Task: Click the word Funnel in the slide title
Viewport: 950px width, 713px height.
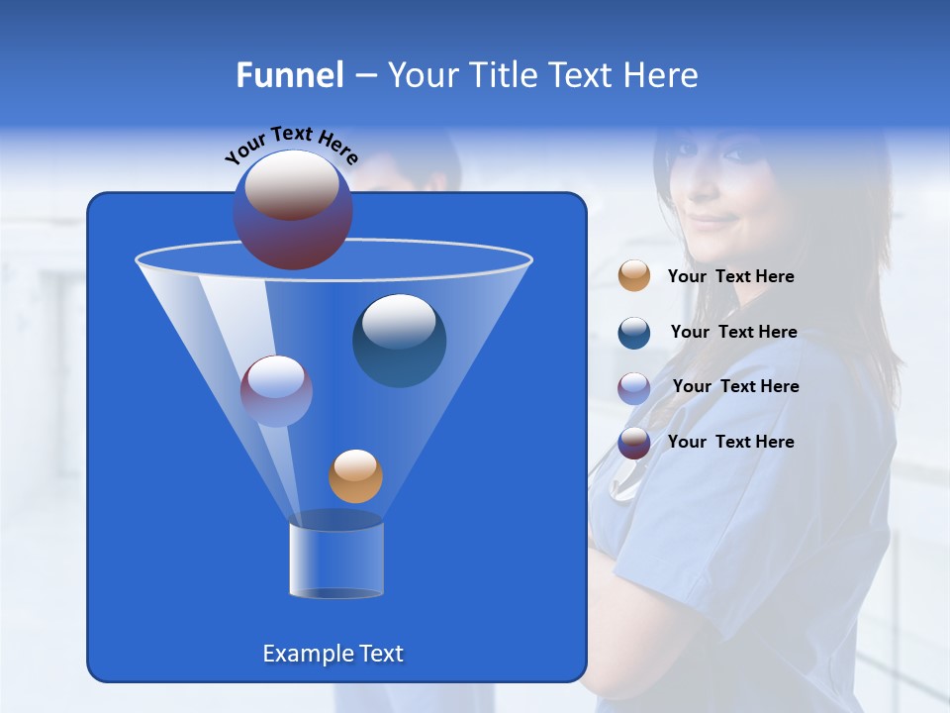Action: [289, 75]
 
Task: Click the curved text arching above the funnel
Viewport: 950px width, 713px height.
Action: [291, 145]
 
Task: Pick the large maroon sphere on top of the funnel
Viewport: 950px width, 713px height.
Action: [292, 210]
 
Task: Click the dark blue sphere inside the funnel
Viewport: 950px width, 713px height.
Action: [399, 340]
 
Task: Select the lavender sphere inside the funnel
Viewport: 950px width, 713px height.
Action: [276, 390]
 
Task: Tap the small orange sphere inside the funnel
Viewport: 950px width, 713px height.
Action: [355, 475]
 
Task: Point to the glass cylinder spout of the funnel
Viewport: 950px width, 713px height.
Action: [335, 559]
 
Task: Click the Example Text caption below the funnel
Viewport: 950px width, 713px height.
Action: [332, 654]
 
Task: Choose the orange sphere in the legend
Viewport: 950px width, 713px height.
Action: [634, 276]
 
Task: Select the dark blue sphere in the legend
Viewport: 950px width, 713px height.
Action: [634, 333]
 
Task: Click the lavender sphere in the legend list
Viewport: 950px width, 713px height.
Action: [634, 387]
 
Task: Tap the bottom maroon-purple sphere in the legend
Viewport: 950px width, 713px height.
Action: [634, 443]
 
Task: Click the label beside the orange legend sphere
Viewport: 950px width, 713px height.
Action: [730, 277]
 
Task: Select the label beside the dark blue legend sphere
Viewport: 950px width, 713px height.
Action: [733, 333]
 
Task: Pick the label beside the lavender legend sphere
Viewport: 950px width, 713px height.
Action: [735, 387]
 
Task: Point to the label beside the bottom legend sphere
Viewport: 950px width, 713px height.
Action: [730, 443]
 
